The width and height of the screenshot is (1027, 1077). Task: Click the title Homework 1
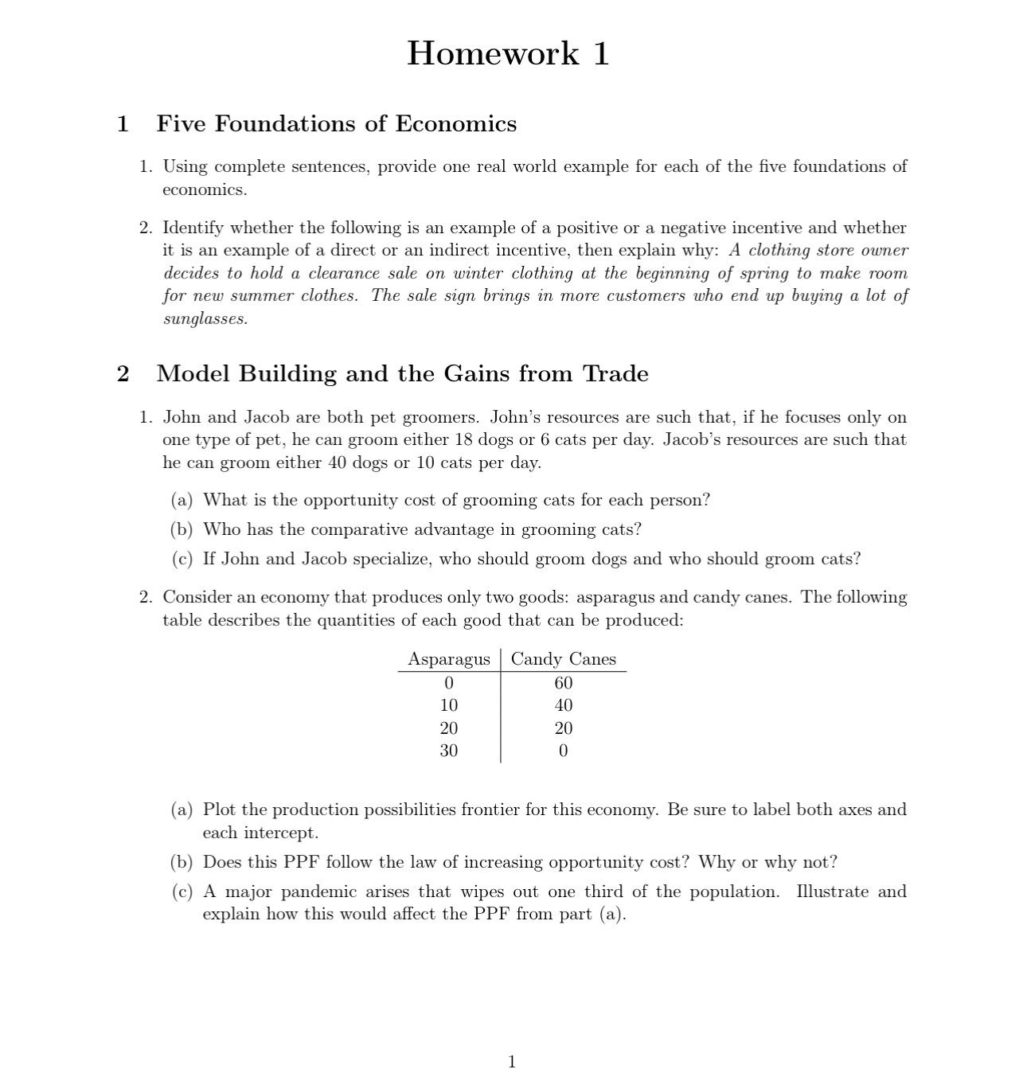tap(508, 53)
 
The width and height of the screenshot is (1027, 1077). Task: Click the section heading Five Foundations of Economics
tap(336, 123)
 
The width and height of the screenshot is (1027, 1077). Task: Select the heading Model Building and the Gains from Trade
tap(402, 373)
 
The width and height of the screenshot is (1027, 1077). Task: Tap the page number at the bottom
tap(512, 1061)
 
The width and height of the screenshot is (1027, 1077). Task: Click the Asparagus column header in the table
tap(449, 659)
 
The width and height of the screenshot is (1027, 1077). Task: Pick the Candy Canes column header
tap(563, 659)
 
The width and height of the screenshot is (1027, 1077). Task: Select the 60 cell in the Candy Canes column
tap(563, 683)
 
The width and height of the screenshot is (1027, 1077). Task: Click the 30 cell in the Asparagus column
tap(449, 751)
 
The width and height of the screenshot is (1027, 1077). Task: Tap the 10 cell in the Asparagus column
tap(449, 705)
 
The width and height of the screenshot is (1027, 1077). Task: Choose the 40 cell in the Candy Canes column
tap(563, 705)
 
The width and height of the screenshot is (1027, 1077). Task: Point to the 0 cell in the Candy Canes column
tap(563, 751)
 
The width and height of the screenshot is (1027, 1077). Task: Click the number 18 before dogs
tap(464, 439)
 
